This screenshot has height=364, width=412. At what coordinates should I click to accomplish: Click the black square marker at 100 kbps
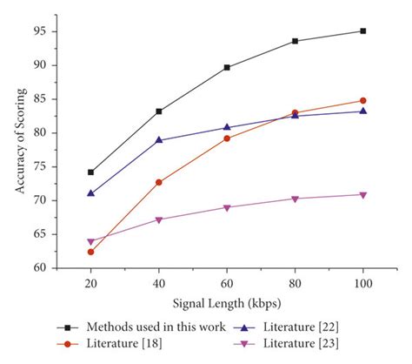coord(362,30)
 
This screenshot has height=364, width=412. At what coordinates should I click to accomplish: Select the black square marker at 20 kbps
coord(90,172)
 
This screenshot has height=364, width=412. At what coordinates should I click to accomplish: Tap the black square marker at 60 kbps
coord(227,67)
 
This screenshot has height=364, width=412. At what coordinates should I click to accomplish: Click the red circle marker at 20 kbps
coord(90,252)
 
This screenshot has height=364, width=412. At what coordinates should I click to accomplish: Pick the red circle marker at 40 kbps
coord(158,182)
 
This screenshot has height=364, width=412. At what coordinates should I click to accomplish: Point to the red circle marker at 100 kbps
coord(362,100)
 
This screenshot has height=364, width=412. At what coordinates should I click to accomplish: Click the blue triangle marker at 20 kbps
coord(90,192)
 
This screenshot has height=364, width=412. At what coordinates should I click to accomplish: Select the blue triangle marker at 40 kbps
coord(158,139)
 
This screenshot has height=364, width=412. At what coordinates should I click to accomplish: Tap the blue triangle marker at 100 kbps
coord(362,111)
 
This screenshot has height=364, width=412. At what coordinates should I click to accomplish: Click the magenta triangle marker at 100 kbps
coord(362,195)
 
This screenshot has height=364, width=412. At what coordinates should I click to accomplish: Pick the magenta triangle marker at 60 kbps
coord(227,208)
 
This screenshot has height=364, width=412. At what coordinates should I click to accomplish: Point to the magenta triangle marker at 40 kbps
coord(158,220)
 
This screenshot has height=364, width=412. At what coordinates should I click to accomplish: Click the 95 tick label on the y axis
coord(40,31)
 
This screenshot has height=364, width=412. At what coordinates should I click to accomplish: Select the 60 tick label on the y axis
coord(40,268)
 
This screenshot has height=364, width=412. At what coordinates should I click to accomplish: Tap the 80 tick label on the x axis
coord(295,285)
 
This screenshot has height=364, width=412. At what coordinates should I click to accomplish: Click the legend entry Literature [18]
coord(113,344)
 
